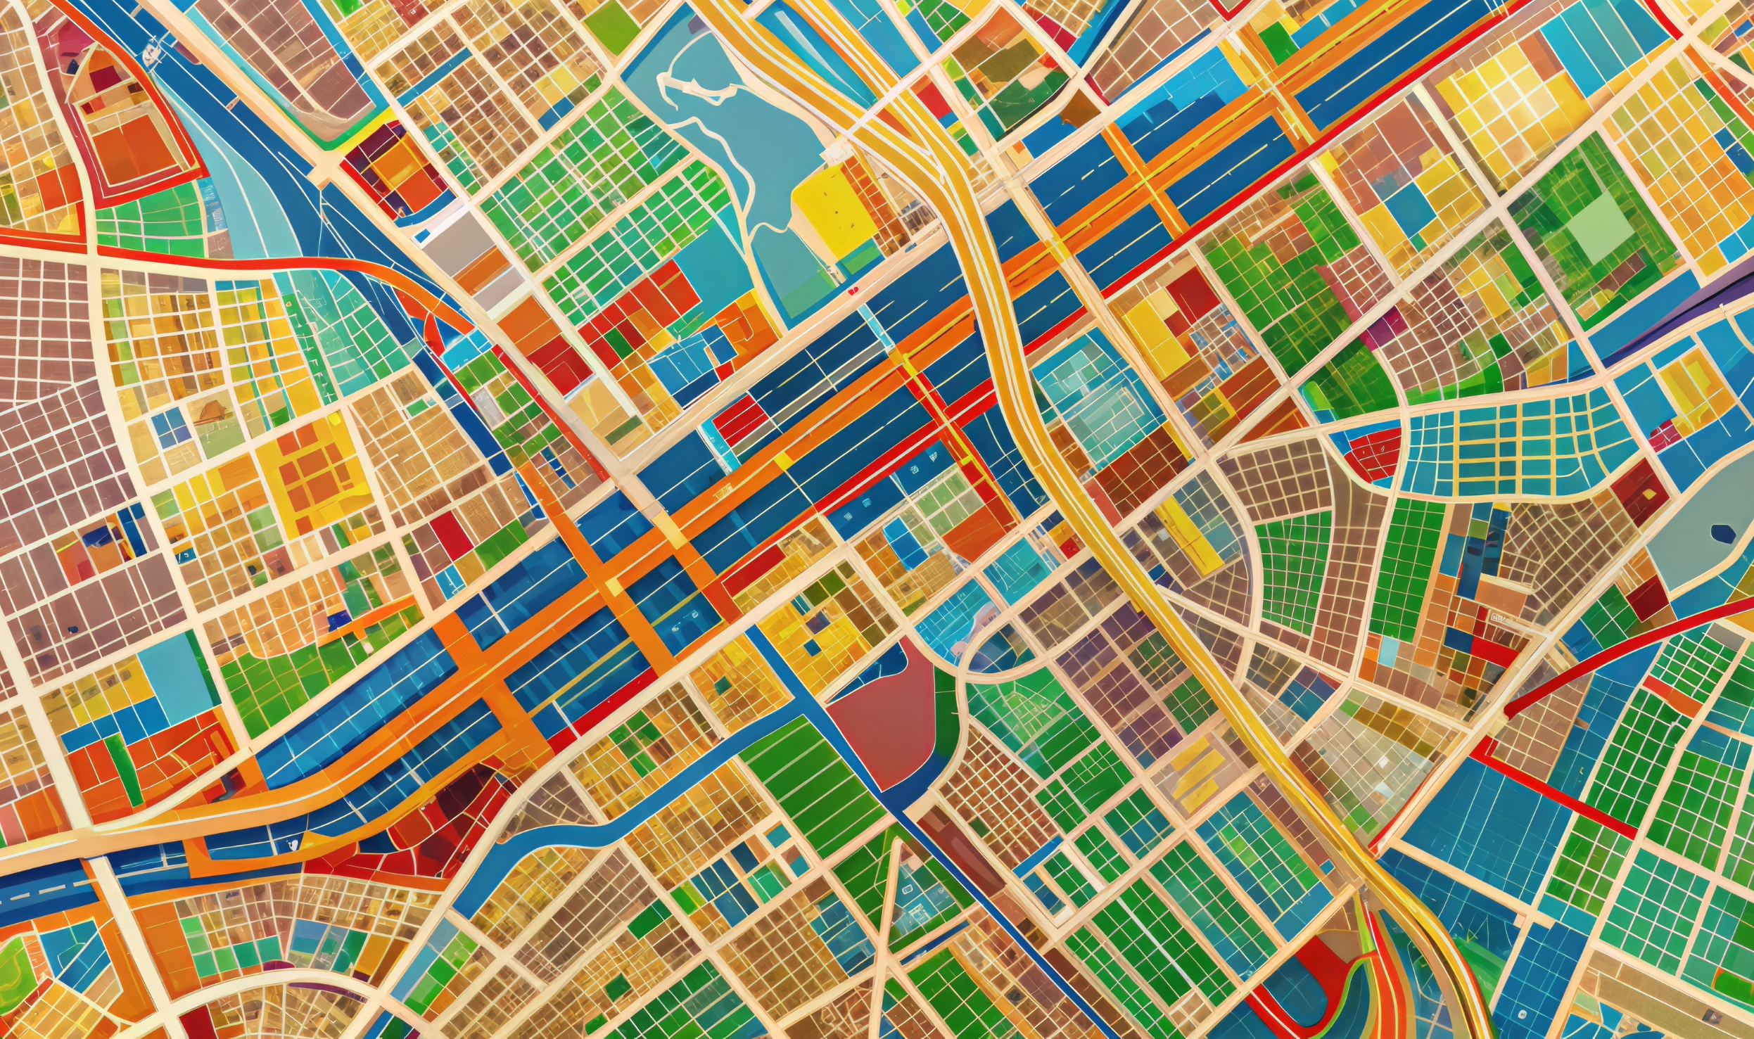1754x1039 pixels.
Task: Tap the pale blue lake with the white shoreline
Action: tap(732, 141)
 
